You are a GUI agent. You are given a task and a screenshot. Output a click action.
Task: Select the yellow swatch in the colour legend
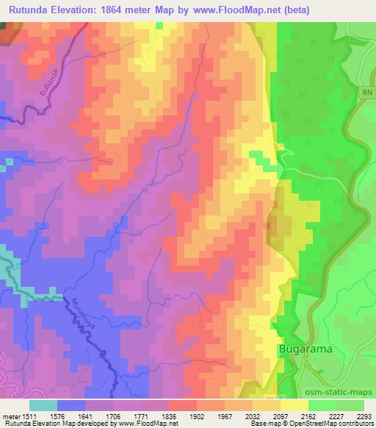pos(294,404)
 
